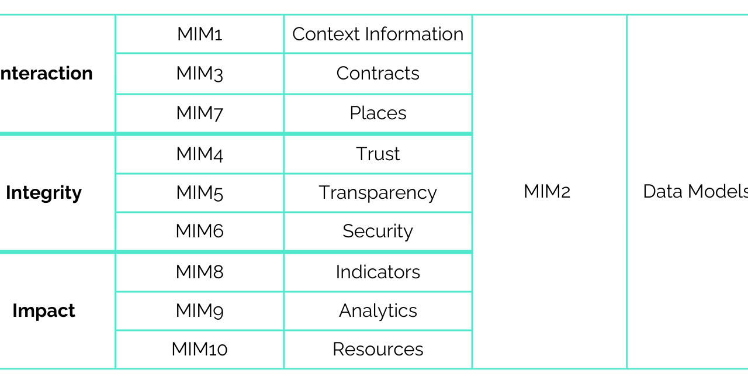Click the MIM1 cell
click(199, 34)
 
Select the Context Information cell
click(378, 34)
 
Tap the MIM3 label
click(199, 73)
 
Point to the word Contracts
click(378, 73)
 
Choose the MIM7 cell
click(199, 113)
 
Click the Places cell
click(378, 113)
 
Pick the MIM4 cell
click(199, 154)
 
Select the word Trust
click(378, 154)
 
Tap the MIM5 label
click(199, 192)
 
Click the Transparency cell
click(378, 192)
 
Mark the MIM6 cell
click(199, 231)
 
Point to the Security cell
click(378, 231)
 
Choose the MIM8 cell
click(199, 272)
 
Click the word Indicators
click(378, 272)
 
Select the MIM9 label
click(199, 310)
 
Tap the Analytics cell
click(378, 310)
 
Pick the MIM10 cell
click(199, 349)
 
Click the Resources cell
click(378, 349)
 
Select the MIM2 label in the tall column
click(546, 191)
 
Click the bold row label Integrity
click(44, 192)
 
